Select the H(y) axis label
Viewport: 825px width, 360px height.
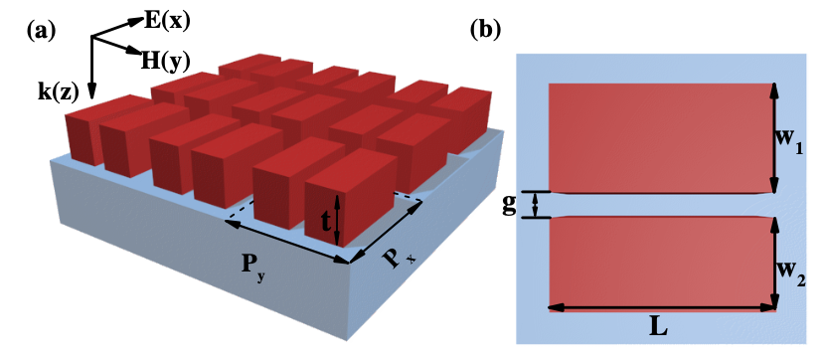[x=163, y=60]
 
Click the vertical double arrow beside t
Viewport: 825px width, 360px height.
[x=339, y=220]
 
